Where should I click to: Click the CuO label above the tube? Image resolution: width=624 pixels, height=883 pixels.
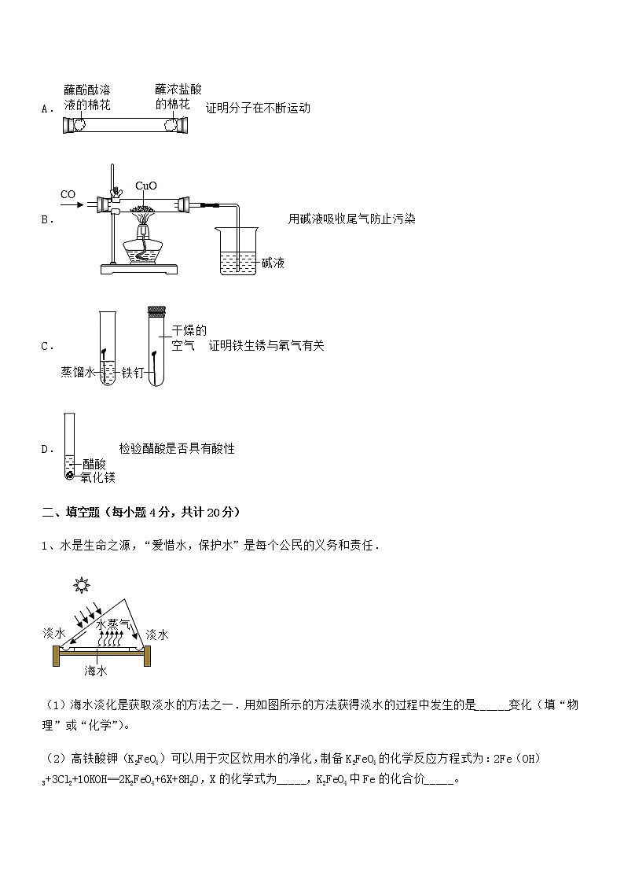(x=146, y=186)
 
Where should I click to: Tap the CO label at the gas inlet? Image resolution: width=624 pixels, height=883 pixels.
(x=68, y=193)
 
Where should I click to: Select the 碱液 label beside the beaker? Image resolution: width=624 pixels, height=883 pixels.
(x=273, y=263)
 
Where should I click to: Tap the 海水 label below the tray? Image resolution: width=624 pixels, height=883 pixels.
(x=96, y=671)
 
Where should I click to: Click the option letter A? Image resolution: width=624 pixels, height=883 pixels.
(x=44, y=109)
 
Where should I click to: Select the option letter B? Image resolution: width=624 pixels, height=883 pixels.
(x=44, y=220)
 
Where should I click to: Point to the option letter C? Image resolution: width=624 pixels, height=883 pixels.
(x=44, y=346)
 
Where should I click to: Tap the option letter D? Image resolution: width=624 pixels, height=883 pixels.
(x=44, y=450)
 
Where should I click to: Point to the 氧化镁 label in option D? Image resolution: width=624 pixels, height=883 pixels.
(x=98, y=477)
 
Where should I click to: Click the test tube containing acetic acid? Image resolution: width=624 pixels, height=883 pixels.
(x=70, y=447)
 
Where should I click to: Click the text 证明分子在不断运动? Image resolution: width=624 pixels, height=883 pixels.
(x=258, y=109)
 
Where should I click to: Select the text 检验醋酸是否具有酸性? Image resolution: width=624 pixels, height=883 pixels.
(x=177, y=449)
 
